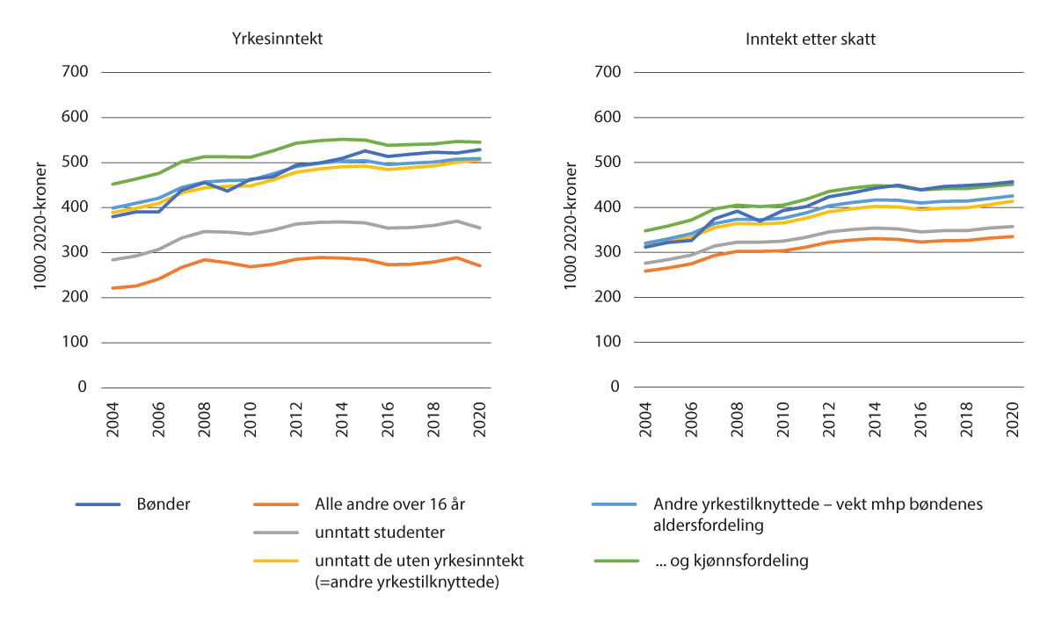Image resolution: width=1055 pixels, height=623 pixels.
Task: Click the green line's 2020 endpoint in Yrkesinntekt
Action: point(479,142)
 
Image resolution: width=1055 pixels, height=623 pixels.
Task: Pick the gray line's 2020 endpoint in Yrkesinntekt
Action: point(479,228)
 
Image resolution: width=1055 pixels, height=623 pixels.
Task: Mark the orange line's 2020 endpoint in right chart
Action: point(1013,236)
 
